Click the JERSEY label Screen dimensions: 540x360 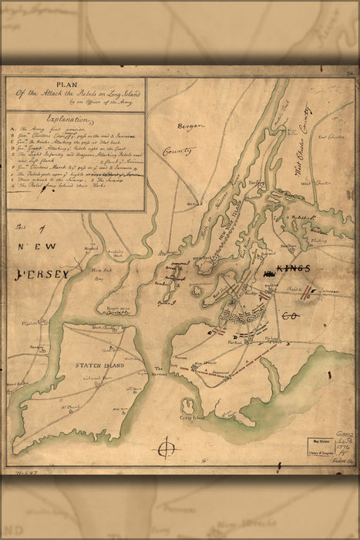click(43, 273)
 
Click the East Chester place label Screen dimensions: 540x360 click(329, 137)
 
